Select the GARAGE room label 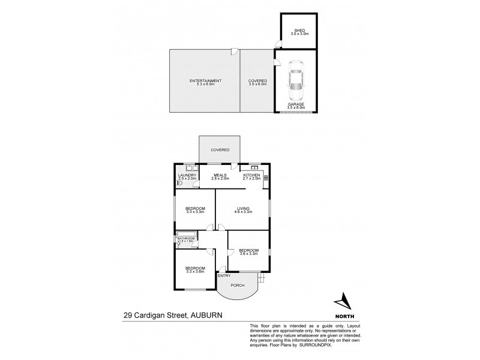[x=296, y=104]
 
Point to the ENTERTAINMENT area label [x=205, y=80]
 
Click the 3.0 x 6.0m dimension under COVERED [x=257, y=84]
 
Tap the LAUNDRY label [x=187, y=175]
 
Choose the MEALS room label [x=221, y=175]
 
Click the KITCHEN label [x=251, y=175]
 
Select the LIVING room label [x=243, y=208]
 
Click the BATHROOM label [x=186, y=238]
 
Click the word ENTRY [x=224, y=275]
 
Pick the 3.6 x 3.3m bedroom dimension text [x=248, y=254]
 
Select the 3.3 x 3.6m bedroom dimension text [x=195, y=271]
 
